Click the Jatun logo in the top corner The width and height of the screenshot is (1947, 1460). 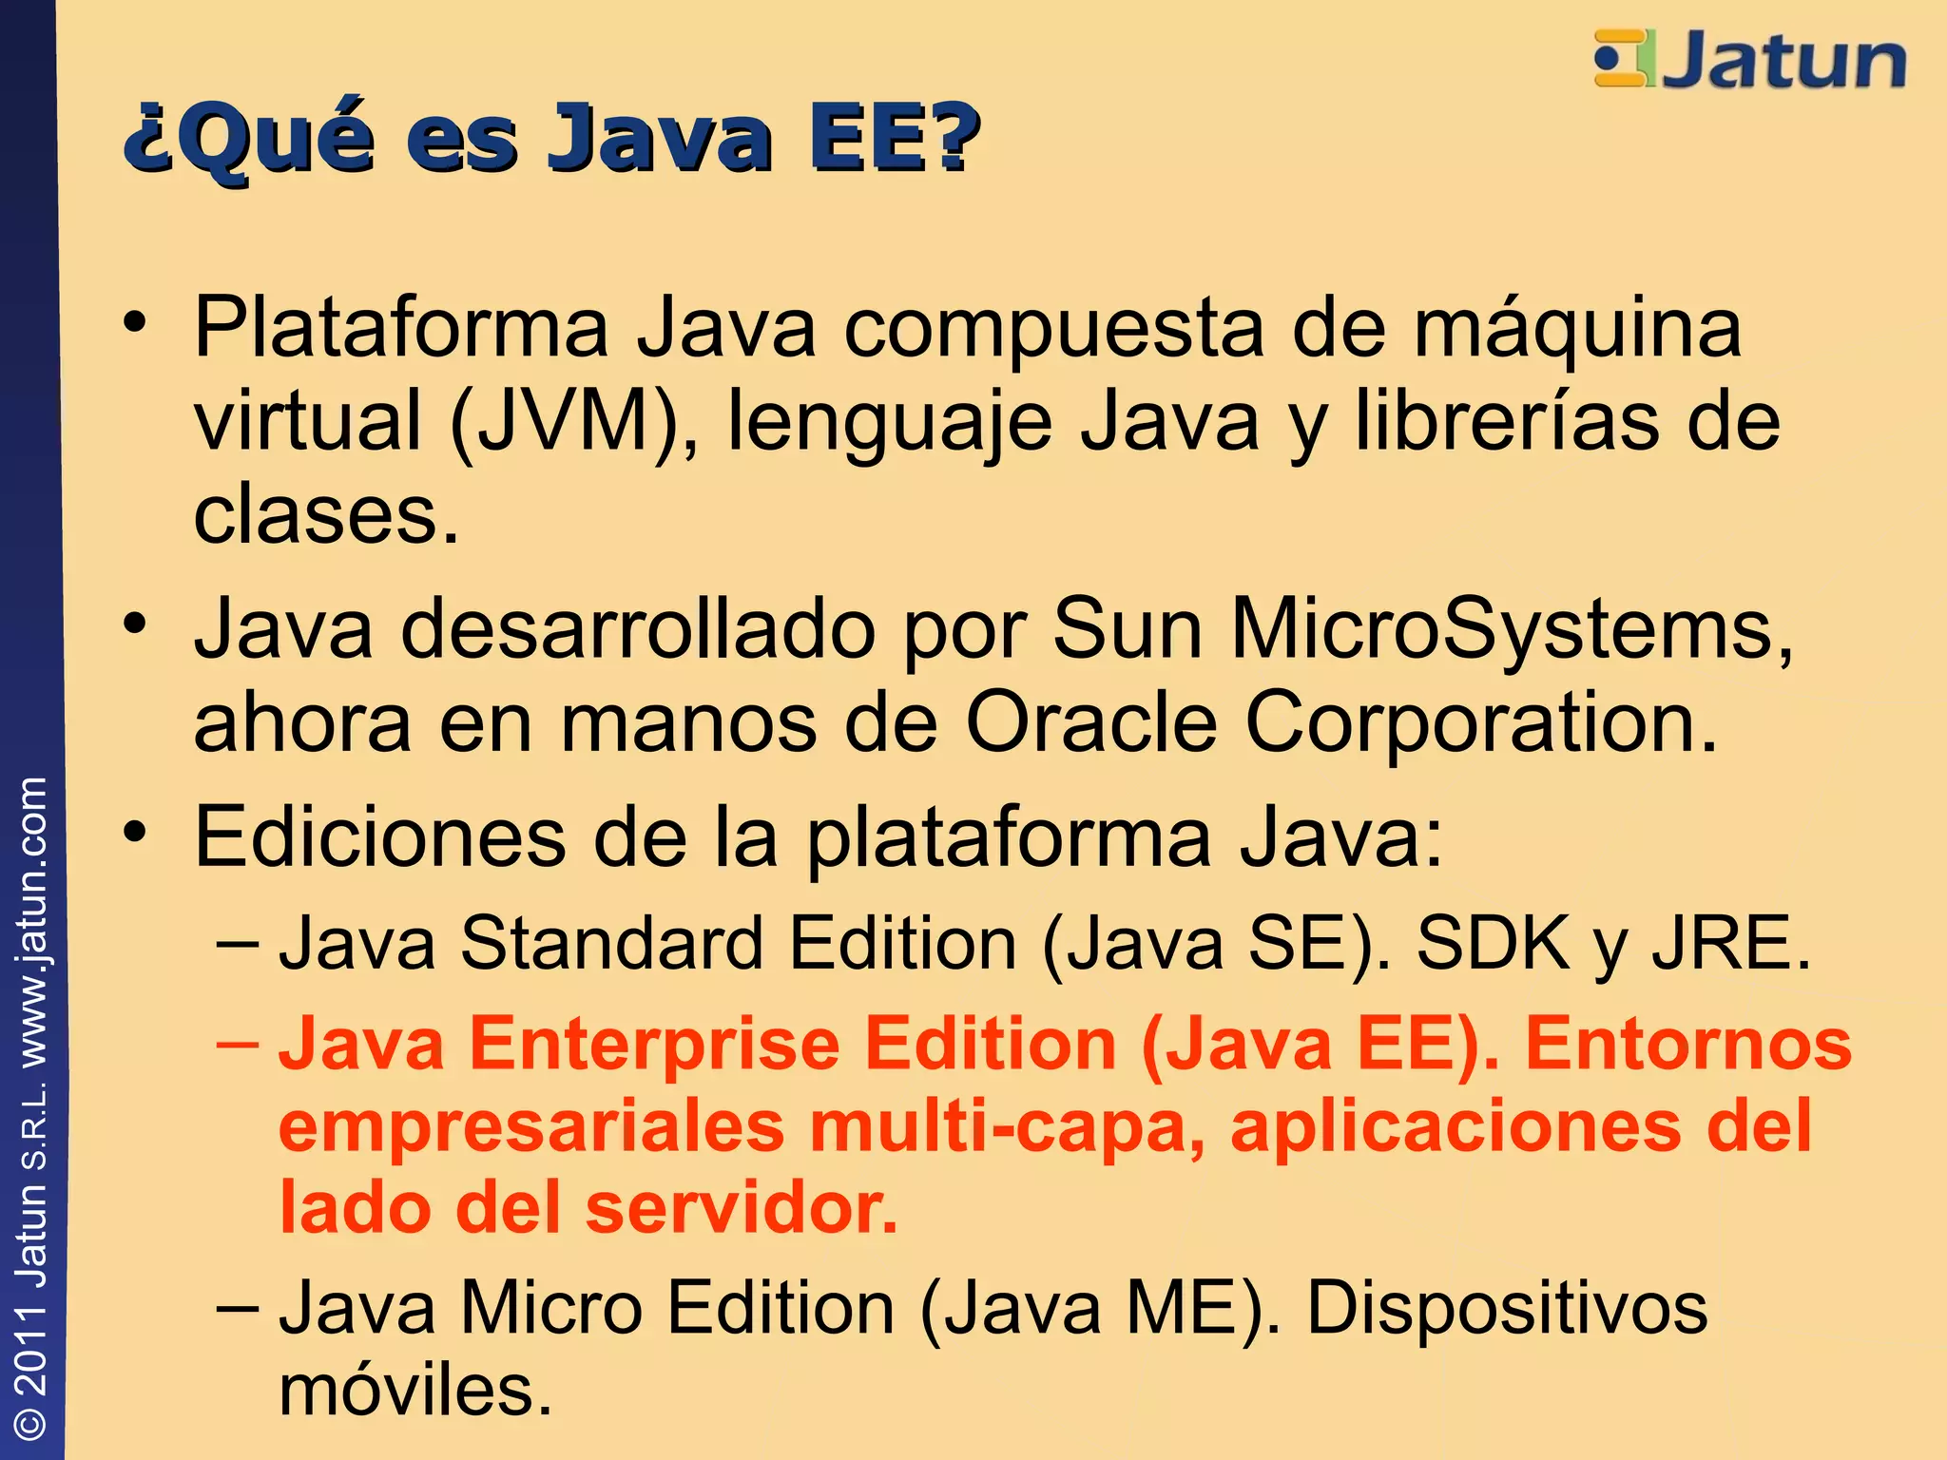tap(1749, 59)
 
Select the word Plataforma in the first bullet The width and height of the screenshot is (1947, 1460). tap(400, 328)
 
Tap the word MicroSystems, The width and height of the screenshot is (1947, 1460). tap(1512, 629)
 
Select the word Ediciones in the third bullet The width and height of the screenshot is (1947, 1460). tap(380, 836)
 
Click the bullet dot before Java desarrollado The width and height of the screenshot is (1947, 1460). tap(135, 624)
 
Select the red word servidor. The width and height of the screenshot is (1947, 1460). tap(742, 1207)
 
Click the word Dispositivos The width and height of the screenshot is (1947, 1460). tap(1507, 1308)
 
